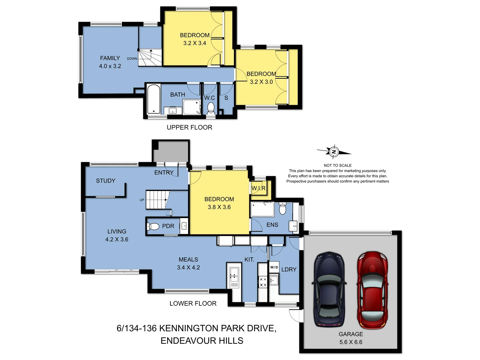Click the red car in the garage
tap(372, 290)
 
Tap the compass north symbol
tap(334, 152)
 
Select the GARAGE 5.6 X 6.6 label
tap(351, 338)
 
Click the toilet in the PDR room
tap(153, 227)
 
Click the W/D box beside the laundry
tap(274, 267)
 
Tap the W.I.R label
tap(258, 188)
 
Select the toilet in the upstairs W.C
tap(211, 108)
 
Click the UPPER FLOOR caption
tap(189, 127)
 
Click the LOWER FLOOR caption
tap(193, 303)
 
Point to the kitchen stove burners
tap(263, 282)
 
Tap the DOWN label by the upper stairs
tap(132, 59)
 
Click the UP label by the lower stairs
tap(142, 200)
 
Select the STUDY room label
tap(106, 181)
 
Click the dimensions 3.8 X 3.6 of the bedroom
tap(219, 207)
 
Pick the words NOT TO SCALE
tap(337, 165)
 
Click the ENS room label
tap(272, 225)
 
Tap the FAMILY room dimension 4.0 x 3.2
tap(110, 66)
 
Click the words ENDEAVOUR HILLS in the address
tap(202, 341)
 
